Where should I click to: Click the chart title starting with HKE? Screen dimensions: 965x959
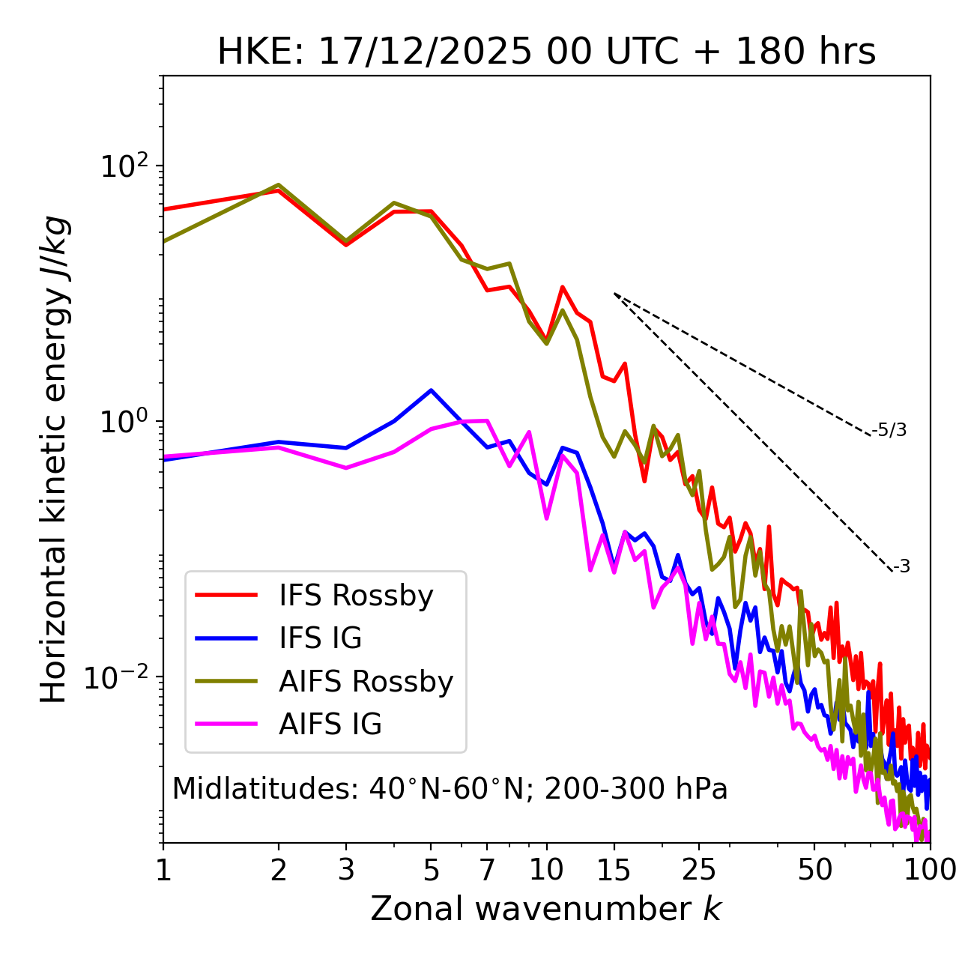tap(546, 52)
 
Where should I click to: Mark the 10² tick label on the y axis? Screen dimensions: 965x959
tap(125, 166)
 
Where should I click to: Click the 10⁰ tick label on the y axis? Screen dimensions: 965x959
tap(125, 422)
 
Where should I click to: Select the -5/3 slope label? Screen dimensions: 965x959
tap(889, 431)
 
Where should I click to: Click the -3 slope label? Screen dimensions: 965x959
tap(901, 567)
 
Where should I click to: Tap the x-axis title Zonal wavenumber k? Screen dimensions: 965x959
tap(546, 910)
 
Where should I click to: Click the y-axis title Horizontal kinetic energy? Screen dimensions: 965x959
tap(54, 459)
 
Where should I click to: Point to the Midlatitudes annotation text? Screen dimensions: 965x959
tap(450, 789)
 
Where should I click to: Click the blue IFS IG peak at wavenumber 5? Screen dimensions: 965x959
tap(431, 390)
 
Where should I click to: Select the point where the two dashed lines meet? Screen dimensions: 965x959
tap(614, 294)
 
